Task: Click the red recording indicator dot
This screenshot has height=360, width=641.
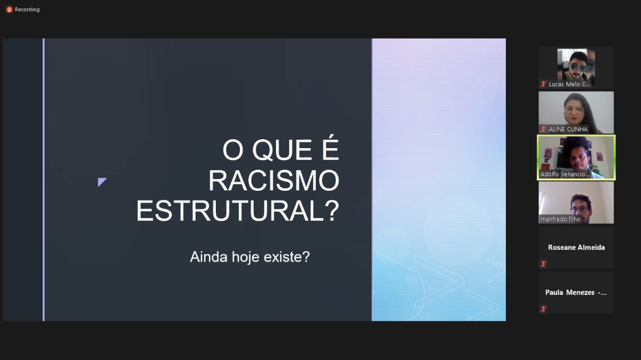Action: tap(9, 10)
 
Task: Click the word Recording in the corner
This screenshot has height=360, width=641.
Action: tap(27, 10)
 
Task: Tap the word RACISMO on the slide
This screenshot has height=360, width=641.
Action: tap(273, 181)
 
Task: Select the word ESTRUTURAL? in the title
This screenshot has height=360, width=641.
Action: tap(237, 211)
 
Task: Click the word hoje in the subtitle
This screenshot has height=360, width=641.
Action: tap(246, 257)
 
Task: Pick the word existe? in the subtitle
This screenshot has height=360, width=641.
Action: tap(286, 257)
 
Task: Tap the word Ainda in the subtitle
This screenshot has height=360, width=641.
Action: tap(209, 257)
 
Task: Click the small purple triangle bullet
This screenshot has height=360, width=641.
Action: tap(101, 182)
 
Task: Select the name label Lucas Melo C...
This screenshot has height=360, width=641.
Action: tap(569, 84)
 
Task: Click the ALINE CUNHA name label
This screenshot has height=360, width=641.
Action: tap(568, 129)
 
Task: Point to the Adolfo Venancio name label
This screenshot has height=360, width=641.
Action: tap(564, 174)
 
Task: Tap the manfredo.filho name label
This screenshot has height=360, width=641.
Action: tap(560, 219)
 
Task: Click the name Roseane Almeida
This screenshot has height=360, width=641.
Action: tap(576, 247)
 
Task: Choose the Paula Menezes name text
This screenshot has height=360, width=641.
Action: tap(576, 292)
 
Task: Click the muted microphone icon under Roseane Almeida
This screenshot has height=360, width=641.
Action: tap(543, 264)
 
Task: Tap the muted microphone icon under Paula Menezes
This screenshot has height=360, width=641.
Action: tap(543, 309)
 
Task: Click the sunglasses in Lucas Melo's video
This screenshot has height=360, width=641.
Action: tap(577, 68)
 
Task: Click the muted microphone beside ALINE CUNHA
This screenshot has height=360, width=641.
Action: tap(543, 129)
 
